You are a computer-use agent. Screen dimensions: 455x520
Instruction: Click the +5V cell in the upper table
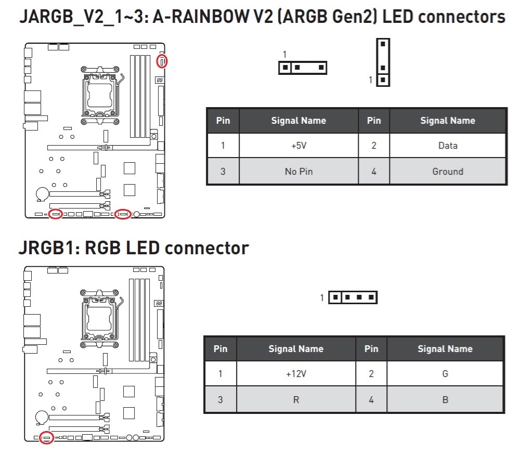[x=298, y=146]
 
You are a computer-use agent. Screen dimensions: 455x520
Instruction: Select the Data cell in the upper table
[x=447, y=146]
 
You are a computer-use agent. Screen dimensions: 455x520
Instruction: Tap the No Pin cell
[x=298, y=171]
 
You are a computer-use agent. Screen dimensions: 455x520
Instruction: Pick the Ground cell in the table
[x=447, y=171]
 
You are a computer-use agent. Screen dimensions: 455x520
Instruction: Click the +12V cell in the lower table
[x=296, y=374]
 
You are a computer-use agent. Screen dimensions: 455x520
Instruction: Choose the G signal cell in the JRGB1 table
[x=445, y=374]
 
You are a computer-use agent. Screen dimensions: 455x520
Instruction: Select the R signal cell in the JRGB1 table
[x=296, y=400]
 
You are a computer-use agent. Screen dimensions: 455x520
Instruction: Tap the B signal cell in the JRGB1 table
[x=445, y=400]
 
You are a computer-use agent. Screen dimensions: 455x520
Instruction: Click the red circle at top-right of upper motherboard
[x=163, y=62]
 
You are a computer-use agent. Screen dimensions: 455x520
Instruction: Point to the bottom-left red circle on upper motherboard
[x=55, y=214]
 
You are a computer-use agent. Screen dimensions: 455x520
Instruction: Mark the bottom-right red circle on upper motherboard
[x=123, y=214]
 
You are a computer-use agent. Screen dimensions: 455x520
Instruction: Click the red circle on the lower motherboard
[x=46, y=437]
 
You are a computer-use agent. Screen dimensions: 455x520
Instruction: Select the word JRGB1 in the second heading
[x=47, y=248]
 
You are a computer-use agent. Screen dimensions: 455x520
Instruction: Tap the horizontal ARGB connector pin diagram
[x=303, y=67]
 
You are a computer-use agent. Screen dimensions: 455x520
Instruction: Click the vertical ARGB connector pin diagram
[x=383, y=62]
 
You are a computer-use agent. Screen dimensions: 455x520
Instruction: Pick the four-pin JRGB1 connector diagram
[x=353, y=297]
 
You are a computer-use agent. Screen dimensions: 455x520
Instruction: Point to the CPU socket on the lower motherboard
[x=100, y=317]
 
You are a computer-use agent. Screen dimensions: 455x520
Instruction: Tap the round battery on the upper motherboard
[x=42, y=193]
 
